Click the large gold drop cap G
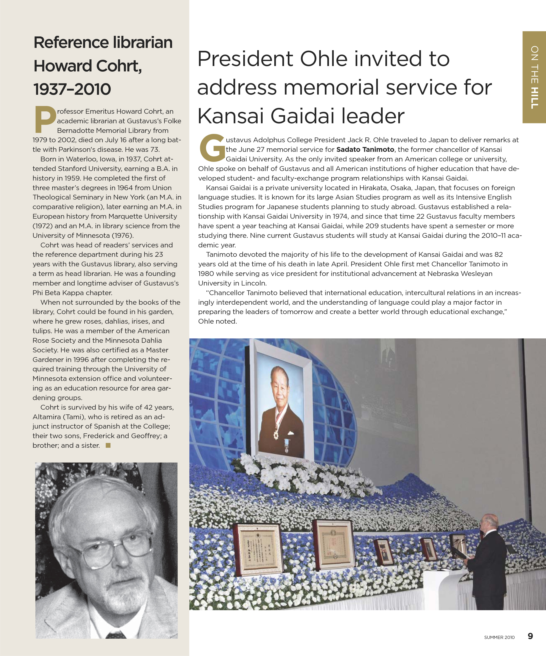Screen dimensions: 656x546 (212, 148)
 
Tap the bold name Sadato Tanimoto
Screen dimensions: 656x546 (365, 150)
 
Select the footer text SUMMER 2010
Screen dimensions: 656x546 (499, 637)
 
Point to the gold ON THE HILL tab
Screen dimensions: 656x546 (534, 77)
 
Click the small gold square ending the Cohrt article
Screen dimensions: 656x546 (108, 445)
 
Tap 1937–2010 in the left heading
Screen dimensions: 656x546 (72, 89)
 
